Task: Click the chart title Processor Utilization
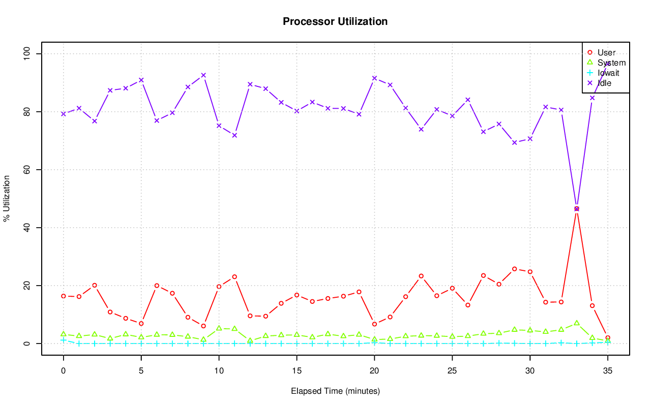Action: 335,21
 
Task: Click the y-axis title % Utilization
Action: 7,199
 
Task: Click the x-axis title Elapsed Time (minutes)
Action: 335,391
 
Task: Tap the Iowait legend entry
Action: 608,73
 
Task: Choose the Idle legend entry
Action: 604,83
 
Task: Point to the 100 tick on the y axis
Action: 27,54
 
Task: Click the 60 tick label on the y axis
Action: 27,170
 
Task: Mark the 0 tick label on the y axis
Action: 27,343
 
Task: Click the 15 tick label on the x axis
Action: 297,371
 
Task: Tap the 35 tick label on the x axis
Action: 607,371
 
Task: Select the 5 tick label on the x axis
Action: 141,371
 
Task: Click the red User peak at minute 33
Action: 576,209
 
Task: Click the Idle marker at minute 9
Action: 203,75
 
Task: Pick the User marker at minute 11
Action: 234,277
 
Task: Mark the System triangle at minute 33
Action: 576,323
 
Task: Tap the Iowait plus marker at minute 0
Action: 64,340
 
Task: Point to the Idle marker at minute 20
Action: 374,78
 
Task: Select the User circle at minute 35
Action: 607,338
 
